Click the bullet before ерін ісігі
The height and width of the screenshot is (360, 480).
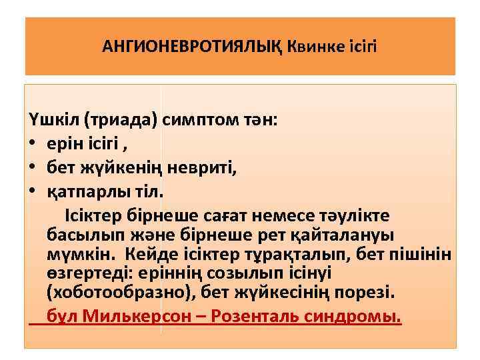click(33, 145)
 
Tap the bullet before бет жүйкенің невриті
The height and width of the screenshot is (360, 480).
click(33, 168)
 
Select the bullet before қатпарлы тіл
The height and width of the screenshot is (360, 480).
click(33, 192)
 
